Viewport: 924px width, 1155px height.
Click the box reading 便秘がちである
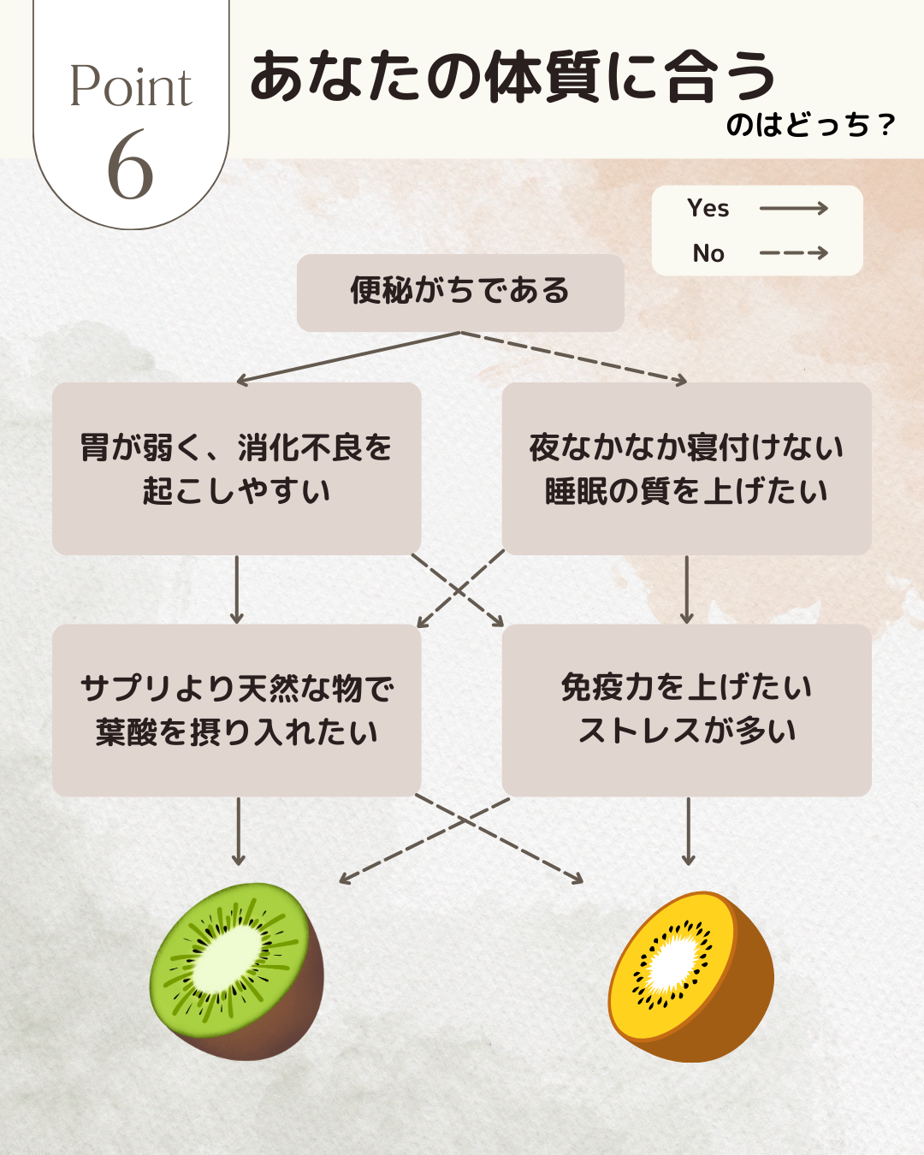coord(460,292)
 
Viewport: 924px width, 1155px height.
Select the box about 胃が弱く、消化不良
coord(236,469)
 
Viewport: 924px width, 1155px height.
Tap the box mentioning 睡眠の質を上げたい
coord(686,469)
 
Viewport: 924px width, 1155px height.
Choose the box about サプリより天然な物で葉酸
coord(236,710)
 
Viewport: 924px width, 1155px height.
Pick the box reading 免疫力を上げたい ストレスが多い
coord(686,710)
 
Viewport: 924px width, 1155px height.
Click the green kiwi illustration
coord(237,971)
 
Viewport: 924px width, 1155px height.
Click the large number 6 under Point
coord(131,166)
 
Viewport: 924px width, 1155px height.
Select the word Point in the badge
coord(131,87)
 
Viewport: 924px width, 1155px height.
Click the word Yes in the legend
coord(708,209)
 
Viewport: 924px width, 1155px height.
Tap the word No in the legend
coord(708,253)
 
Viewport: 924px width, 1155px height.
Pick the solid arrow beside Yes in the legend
coord(793,208)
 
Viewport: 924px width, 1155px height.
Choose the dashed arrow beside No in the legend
coord(793,253)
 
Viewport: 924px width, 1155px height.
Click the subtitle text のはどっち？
coord(809,126)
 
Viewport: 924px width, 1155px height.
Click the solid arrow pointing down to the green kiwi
coord(238,831)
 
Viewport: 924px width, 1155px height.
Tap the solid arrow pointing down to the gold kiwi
coord(688,831)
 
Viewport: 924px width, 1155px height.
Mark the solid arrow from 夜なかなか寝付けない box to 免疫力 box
coord(686,589)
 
